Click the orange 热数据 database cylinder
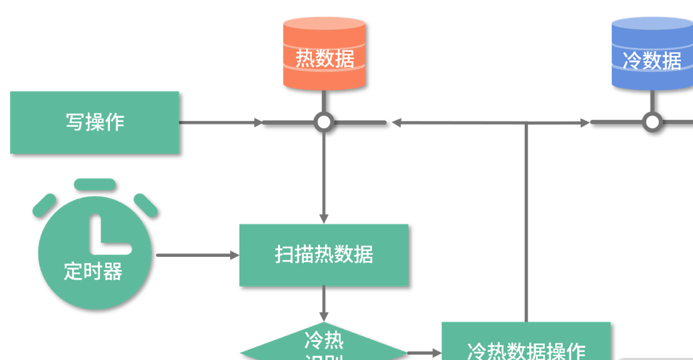coord(325,55)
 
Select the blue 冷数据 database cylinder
coord(652,55)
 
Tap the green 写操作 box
coord(94,122)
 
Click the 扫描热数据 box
coord(324,255)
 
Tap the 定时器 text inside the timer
coord(93,271)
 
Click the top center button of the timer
coord(95,184)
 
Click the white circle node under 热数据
coord(324,122)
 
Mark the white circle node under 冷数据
coord(652,122)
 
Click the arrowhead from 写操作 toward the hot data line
coord(257,122)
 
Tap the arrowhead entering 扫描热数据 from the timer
coord(234,255)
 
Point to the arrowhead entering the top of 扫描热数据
coord(324,219)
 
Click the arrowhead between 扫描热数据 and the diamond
coord(324,316)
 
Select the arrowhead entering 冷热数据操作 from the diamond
coord(437,353)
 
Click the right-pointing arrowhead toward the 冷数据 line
coord(585,122)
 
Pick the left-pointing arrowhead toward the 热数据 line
coord(397,122)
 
